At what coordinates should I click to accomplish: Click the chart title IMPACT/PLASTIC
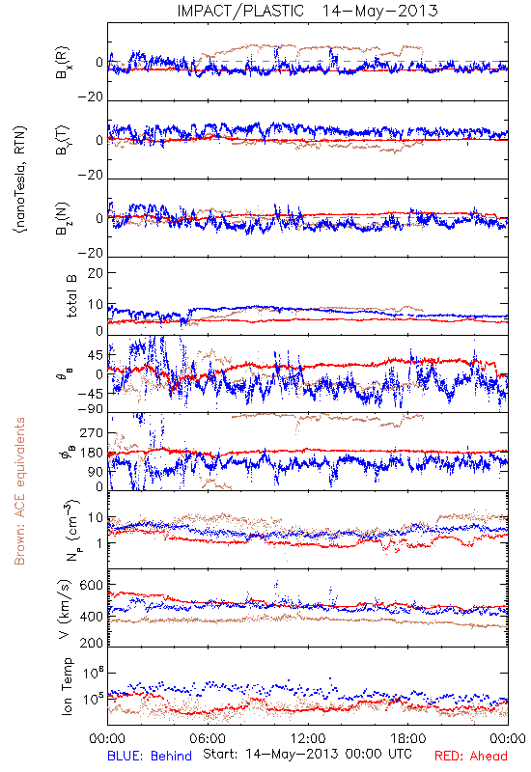(240, 11)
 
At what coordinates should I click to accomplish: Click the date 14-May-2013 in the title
(379, 11)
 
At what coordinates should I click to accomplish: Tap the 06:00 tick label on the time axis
(208, 738)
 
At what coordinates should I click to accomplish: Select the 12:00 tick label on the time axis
(308, 738)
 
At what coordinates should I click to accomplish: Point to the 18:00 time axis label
(408, 738)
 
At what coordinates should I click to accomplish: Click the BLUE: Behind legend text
(150, 756)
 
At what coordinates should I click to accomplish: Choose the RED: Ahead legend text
(471, 756)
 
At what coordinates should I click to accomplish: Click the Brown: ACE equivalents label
(19, 491)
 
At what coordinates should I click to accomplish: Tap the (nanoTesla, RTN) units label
(20, 179)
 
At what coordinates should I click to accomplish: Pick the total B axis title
(71, 296)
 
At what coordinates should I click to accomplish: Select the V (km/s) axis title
(65, 609)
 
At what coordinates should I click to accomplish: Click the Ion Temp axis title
(67, 686)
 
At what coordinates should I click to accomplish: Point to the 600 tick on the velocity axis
(91, 586)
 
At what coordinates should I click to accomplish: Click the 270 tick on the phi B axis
(91, 432)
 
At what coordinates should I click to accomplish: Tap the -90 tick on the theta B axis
(90, 409)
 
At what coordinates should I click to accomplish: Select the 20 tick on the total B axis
(96, 273)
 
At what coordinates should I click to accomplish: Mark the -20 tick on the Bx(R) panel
(90, 97)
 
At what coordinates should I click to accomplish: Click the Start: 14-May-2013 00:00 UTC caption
(307, 754)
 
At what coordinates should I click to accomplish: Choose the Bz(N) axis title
(63, 218)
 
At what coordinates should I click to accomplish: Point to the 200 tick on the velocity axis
(91, 643)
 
